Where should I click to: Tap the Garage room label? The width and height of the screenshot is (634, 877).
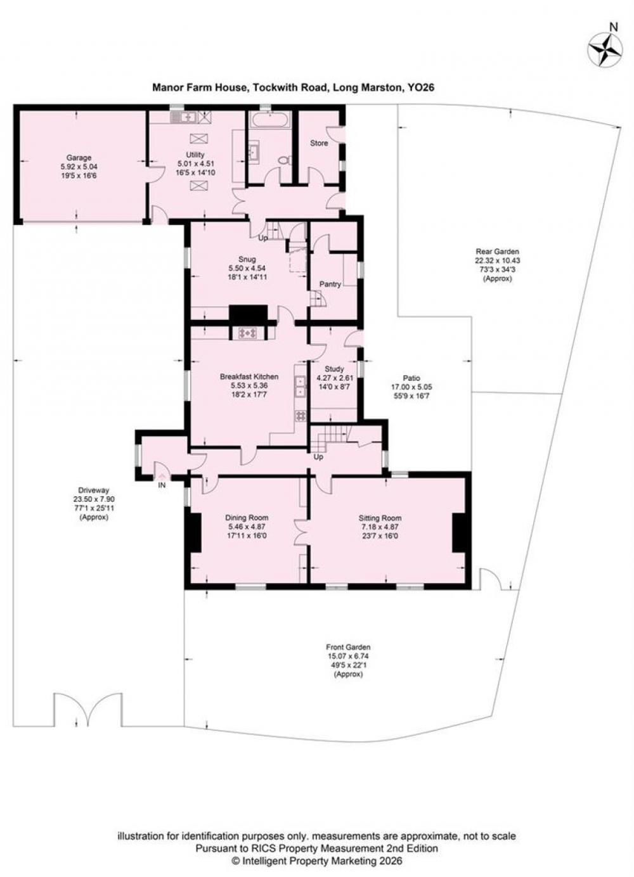point(79,158)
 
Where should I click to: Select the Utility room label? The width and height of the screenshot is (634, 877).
point(195,155)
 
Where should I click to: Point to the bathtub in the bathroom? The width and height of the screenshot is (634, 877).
point(270,120)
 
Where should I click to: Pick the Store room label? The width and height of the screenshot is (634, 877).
point(319,143)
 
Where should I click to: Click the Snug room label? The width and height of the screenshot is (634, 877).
point(247,259)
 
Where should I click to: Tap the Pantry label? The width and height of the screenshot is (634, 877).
point(330,285)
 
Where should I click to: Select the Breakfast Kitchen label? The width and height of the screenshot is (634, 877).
point(249,376)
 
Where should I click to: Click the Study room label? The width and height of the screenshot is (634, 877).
point(334,369)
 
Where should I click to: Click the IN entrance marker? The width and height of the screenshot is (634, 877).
point(162,485)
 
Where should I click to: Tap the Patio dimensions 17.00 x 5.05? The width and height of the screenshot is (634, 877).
point(411,387)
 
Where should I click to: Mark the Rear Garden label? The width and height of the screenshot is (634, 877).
point(497,252)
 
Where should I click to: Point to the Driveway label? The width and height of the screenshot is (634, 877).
point(94,490)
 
